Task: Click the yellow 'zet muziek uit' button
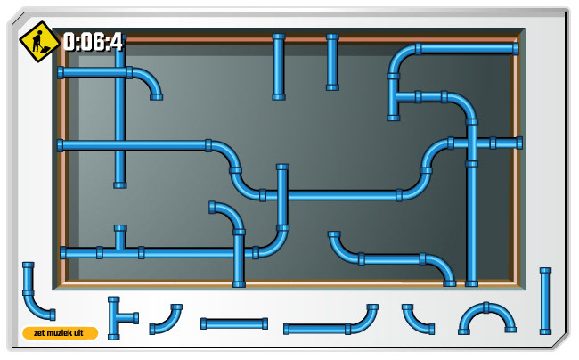click(60, 333)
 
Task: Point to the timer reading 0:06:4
click(93, 42)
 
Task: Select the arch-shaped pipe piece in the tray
click(487, 316)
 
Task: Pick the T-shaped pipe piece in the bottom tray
click(118, 316)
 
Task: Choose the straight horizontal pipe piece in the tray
click(234, 323)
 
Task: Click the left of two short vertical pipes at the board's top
click(279, 67)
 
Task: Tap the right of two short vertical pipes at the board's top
click(332, 62)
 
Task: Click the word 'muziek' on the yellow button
click(60, 333)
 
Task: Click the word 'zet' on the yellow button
click(39, 333)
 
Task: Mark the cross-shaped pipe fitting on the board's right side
click(472, 143)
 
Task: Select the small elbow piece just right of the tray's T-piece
click(166, 319)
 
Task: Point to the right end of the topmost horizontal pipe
click(514, 49)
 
